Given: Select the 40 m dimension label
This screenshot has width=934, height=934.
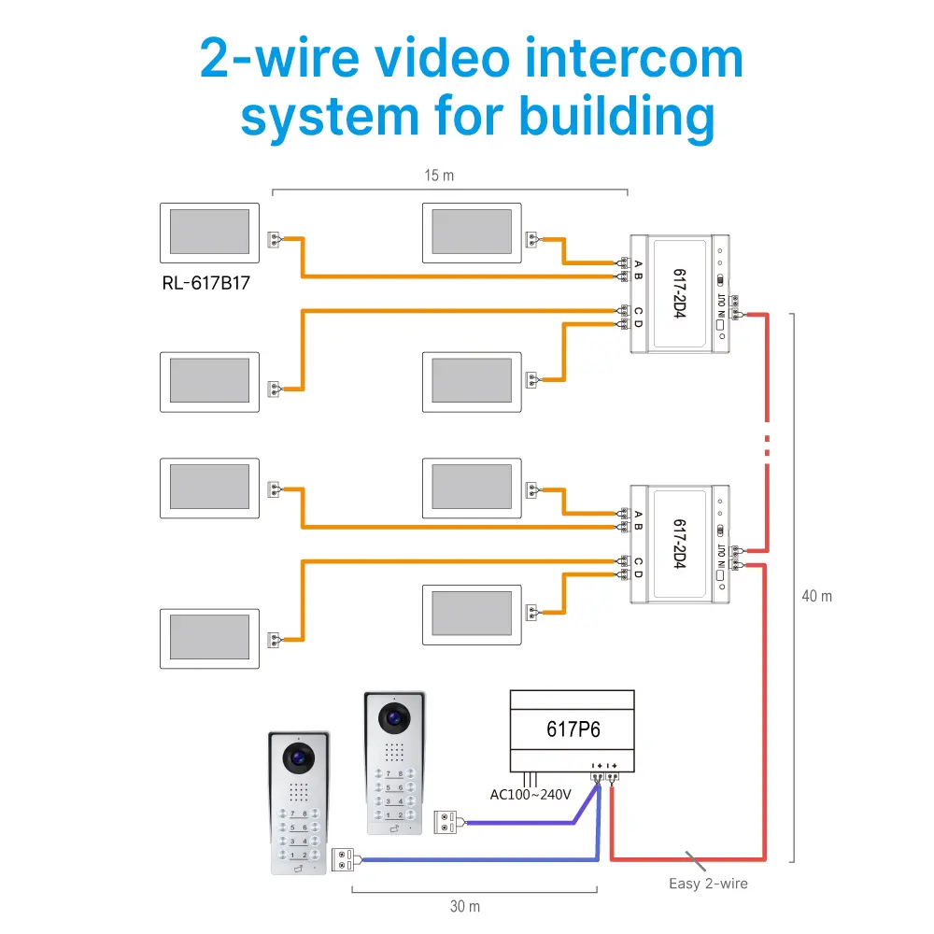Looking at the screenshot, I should (x=816, y=596).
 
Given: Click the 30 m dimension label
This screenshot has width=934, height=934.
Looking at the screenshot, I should (x=464, y=906).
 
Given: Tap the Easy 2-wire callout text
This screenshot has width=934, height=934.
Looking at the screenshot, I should (x=708, y=883).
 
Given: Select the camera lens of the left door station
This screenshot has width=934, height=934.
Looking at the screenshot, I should (x=298, y=758).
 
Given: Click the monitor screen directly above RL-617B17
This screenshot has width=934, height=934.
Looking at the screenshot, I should (x=209, y=233).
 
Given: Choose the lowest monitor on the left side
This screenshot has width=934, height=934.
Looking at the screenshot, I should (x=209, y=638).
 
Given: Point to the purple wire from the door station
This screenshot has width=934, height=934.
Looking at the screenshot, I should (x=523, y=823).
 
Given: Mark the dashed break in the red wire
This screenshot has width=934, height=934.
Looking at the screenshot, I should (x=767, y=444).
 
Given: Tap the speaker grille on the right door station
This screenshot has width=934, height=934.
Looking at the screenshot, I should (x=393, y=753).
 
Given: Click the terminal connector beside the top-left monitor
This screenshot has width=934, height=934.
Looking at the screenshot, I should (x=275, y=239).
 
